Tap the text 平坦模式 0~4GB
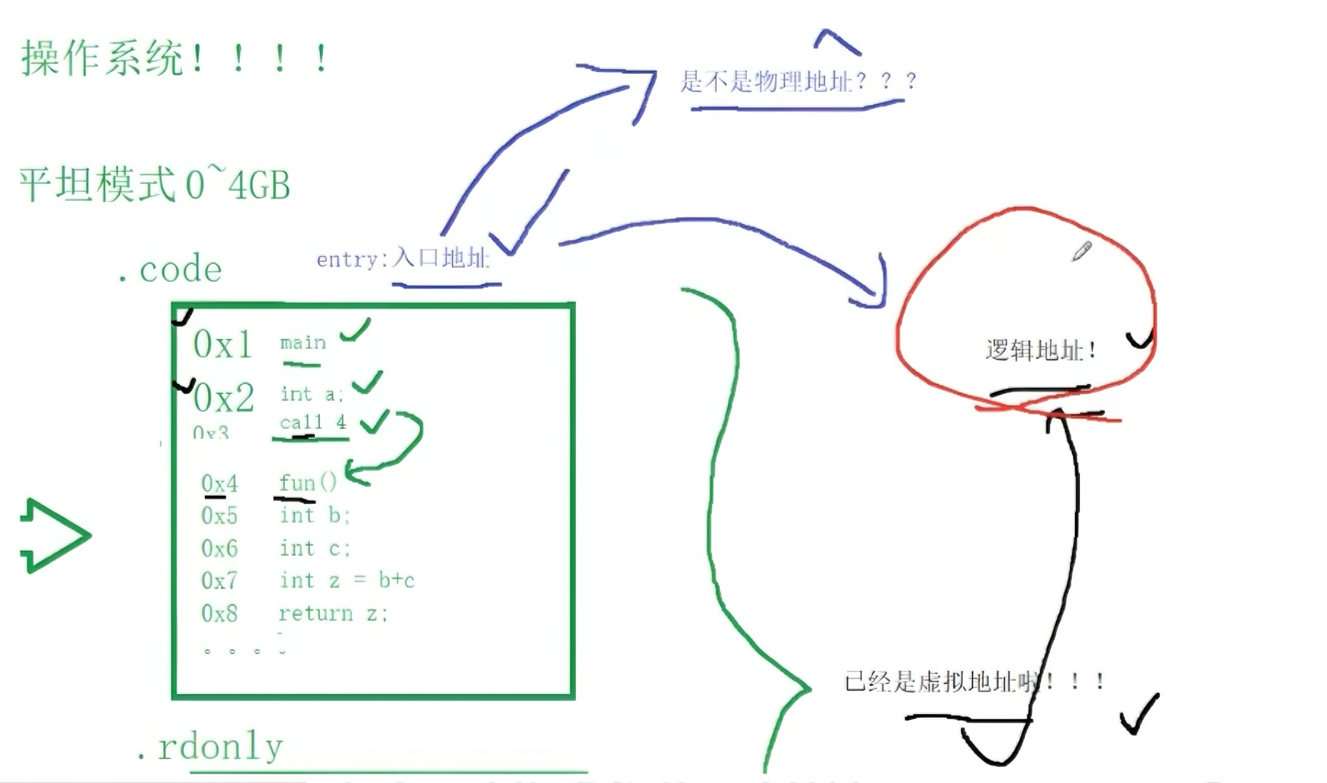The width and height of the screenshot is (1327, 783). pos(154,184)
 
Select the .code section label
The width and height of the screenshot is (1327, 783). pos(171,270)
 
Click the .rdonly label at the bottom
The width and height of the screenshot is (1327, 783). pos(209,747)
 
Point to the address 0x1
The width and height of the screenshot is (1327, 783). pos(222,344)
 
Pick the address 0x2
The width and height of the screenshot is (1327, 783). pos(224,397)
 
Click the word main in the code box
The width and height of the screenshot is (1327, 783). pos(303,342)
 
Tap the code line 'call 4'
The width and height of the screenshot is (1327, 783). pos(313,422)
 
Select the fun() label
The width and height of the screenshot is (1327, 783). pos(308,483)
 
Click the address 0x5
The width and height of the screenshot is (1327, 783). pos(219,515)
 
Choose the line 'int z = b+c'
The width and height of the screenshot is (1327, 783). pos(347,580)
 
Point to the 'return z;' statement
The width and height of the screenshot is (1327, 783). pos(333,613)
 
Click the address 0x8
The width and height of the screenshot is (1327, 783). pos(219,613)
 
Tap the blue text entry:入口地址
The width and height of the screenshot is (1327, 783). pos(403,259)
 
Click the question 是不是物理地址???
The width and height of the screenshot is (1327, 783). pos(797,81)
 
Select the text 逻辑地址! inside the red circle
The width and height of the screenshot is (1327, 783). pos(1040,351)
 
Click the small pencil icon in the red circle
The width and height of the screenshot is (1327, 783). pos(1081,252)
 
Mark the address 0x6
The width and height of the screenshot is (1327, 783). pos(219,548)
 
